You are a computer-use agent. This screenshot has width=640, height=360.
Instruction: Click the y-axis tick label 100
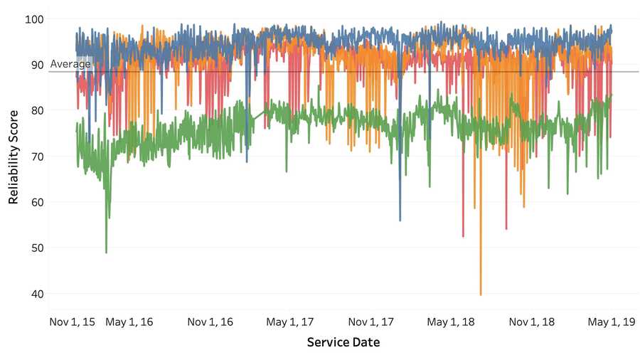(x=33, y=18)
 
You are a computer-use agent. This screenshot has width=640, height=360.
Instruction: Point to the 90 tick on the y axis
(x=36, y=65)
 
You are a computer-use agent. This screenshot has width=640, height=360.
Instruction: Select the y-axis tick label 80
(x=36, y=110)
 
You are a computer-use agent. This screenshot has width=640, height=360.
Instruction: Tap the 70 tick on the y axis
(x=36, y=157)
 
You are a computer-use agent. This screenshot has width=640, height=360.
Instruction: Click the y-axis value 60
(x=36, y=202)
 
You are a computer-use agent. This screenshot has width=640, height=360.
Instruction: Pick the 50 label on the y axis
(x=36, y=248)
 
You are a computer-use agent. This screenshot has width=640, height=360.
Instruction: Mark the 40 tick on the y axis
(x=36, y=294)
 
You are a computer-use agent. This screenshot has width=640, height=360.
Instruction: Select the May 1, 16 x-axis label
(x=129, y=322)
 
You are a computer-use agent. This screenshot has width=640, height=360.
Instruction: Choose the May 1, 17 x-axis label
(x=289, y=322)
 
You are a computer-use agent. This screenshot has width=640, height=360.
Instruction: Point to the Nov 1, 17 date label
(x=372, y=322)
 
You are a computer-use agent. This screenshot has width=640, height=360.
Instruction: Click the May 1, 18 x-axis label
(x=451, y=322)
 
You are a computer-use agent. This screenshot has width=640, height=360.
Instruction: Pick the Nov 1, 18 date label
(x=533, y=322)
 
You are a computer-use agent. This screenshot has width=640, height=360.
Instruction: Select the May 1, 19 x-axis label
(x=609, y=322)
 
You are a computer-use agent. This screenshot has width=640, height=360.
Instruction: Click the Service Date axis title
(x=343, y=342)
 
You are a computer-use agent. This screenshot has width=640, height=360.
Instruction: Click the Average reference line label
(x=70, y=64)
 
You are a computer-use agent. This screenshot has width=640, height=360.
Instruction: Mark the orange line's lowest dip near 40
(x=481, y=293)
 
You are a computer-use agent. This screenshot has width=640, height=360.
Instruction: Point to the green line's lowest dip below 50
(x=107, y=252)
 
